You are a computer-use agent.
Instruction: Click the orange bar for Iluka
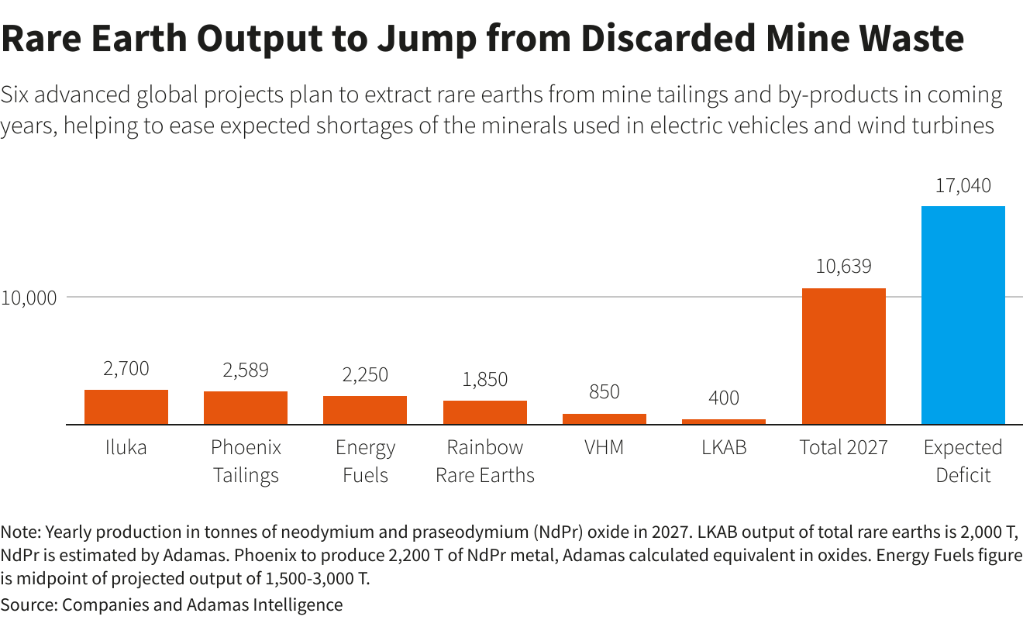pyautogui.click(x=126, y=407)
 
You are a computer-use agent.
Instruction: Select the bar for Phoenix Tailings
pyautogui.click(x=246, y=408)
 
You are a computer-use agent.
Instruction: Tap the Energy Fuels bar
pyautogui.click(x=365, y=410)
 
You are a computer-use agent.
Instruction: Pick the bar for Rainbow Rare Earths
pyautogui.click(x=485, y=412)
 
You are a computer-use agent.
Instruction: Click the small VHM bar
pyautogui.click(x=604, y=419)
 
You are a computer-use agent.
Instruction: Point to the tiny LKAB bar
pyautogui.click(x=724, y=422)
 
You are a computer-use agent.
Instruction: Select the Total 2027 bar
pyautogui.click(x=843, y=356)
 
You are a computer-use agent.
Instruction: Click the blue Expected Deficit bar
pyautogui.click(x=963, y=315)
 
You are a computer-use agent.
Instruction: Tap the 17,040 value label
pyautogui.click(x=963, y=186)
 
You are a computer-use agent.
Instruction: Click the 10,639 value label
pyautogui.click(x=843, y=267)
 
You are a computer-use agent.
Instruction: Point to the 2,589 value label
pyautogui.click(x=246, y=370)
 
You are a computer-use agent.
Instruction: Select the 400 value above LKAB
pyautogui.click(x=724, y=398)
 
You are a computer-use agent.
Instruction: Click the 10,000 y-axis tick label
pyautogui.click(x=29, y=298)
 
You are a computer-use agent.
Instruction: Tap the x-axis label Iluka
pyautogui.click(x=126, y=448)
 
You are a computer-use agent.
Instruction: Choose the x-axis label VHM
pyautogui.click(x=604, y=448)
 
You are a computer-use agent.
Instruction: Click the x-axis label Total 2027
pyautogui.click(x=843, y=448)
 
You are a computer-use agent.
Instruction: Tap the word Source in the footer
pyautogui.click(x=27, y=604)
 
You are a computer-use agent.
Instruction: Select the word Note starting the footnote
pyautogui.click(x=21, y=533)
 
